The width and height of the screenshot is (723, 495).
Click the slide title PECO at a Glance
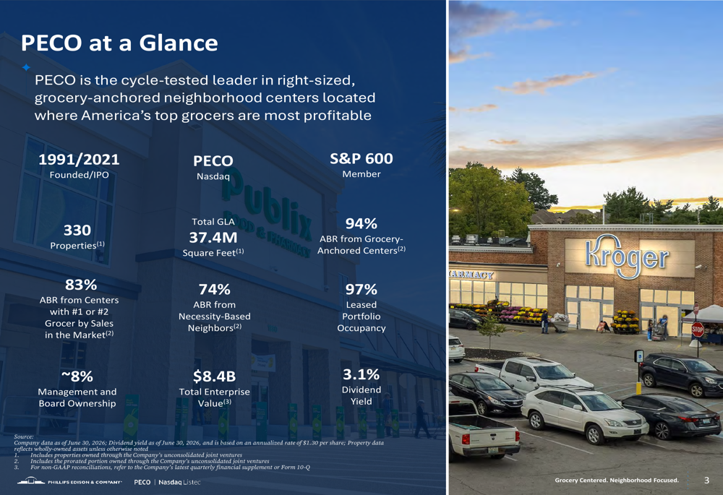tap(119, 43)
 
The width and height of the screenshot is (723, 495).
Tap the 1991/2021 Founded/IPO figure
tap(79, 160)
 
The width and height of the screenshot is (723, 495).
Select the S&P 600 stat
tap(361, 158)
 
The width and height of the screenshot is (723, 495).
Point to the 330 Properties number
tap(77, 230)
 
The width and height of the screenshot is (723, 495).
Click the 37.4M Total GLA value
tap(213, 237)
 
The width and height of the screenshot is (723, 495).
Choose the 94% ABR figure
tap(361, 223)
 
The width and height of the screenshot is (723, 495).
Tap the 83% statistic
tap(81, 285)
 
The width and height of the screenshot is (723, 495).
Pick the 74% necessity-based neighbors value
tap(215, 290)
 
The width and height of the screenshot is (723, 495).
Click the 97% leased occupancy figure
tap(361, 290)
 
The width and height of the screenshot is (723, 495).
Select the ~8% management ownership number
tap(77, 376)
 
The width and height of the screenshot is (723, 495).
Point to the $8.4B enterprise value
tap(215, 376)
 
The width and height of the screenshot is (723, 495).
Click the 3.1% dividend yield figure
tap(361, 374)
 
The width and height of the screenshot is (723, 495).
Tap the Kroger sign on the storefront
tap(627, 257)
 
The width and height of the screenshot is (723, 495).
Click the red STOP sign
tap(698, 330)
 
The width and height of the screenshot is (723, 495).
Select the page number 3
tap(706, 481)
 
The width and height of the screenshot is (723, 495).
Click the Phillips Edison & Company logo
tap(69, 482)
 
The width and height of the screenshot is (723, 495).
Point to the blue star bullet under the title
tap(26, 67)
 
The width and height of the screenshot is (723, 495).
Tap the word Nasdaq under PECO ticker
tap(213, 176)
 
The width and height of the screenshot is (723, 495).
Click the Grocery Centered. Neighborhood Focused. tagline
tap(617, 481)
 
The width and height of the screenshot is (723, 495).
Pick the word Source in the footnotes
tap(24, 436)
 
